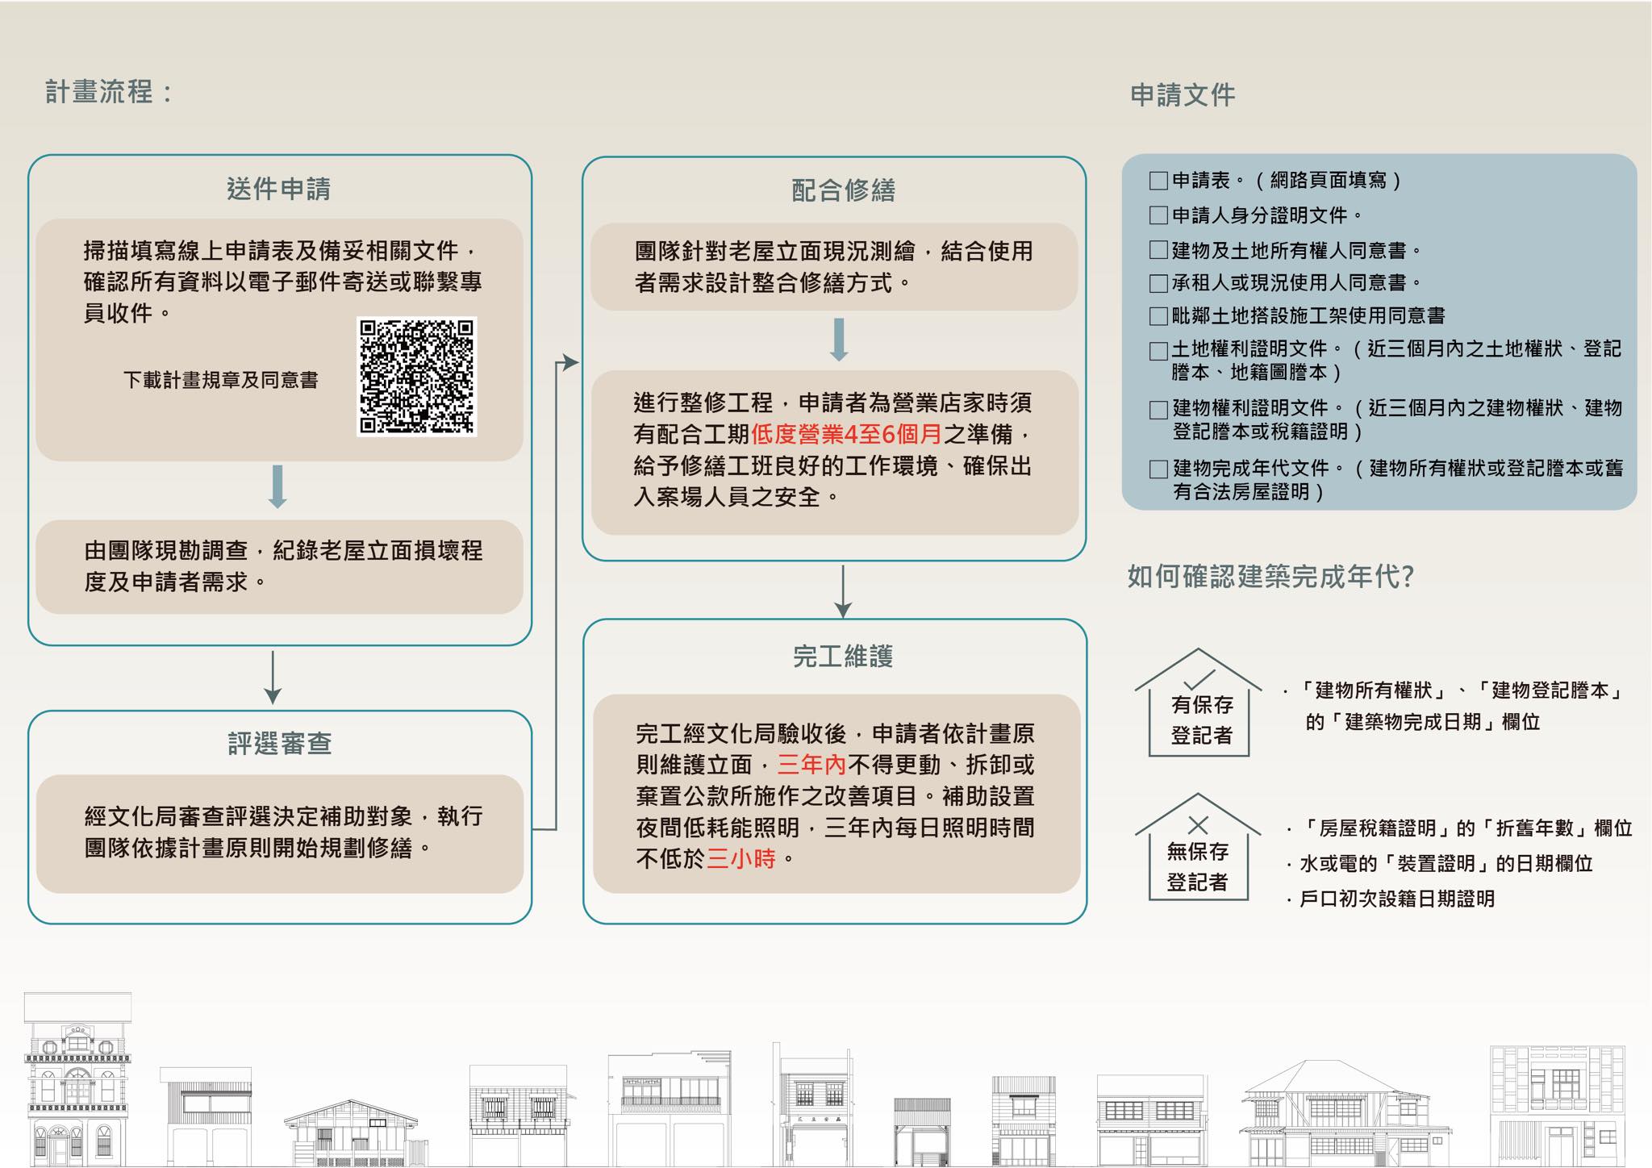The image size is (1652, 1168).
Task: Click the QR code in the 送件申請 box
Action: [417, 377]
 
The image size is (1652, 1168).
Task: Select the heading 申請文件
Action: [1183, 95]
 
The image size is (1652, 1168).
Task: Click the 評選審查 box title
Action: [279, 743]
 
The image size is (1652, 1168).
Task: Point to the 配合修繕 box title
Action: [843, 190]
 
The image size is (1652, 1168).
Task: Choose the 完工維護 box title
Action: [843, 657]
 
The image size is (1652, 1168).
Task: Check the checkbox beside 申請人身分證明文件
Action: [1158, 215]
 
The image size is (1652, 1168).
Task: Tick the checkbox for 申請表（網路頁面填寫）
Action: [1158, 181]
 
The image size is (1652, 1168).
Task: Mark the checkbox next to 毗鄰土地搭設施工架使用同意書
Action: [1158, 315]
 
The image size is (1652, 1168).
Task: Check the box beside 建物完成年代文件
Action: [1159, 469]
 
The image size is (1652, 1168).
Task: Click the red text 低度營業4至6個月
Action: [846, 435]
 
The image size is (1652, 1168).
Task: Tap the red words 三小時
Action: [740, 859]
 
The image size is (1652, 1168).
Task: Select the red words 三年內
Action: [811, 765]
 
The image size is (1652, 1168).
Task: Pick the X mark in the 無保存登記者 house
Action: [1198, 824]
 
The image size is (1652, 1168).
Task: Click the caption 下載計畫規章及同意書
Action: [220, 380]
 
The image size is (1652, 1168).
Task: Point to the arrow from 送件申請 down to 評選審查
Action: [273, 678]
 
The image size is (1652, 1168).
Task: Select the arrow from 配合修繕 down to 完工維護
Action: [843, 591]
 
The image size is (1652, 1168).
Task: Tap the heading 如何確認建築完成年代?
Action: [1270, 577]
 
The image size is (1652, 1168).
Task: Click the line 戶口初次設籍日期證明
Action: [1396, 899]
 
